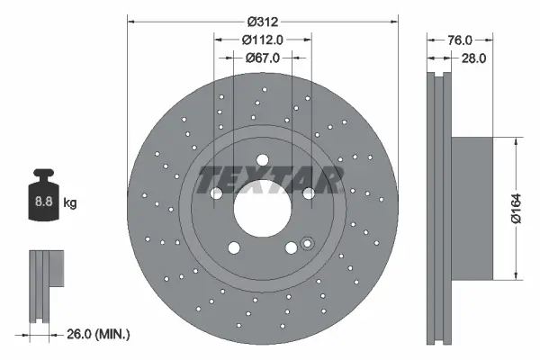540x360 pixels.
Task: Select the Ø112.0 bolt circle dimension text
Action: pyautogui.click(x=263, y=39)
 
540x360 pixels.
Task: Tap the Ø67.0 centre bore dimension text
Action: pyautogui.click(x=263, y=57)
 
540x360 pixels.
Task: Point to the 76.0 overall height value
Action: pyautogui.click(x=460, y=40)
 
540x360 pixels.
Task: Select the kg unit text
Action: pyautogui.click(x=70, y=203)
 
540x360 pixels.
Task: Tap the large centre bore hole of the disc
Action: pyautogui.click(x=263, y=209)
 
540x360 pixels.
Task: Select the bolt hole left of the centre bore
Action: pyautogui.click(x=216, y=193)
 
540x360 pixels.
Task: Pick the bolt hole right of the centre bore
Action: pyautogui.click(x=309, y=193)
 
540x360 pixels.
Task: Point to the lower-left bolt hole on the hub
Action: pyautogui.click(x=234, y=249)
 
